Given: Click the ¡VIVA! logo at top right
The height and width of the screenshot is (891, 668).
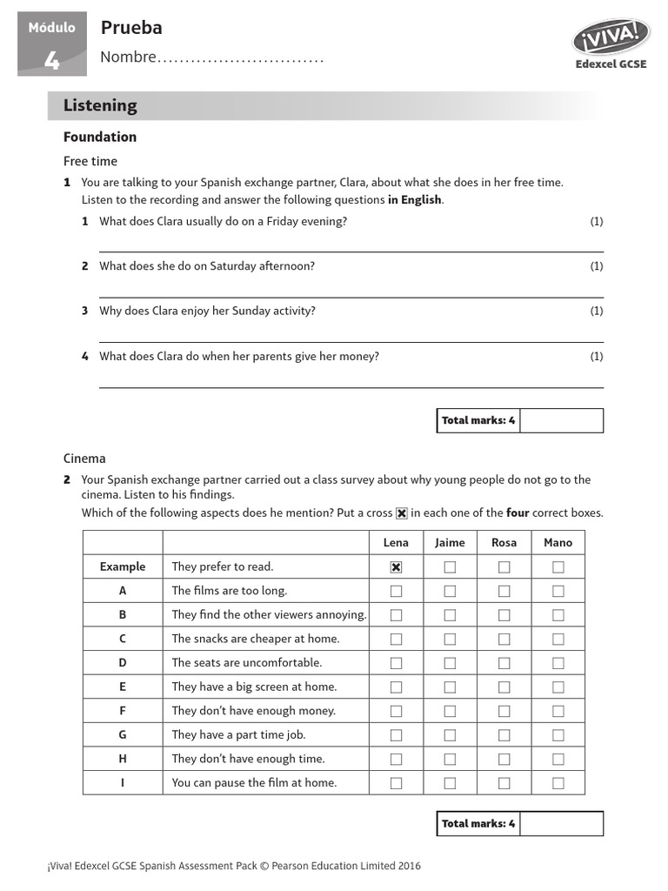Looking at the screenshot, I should tap(611, 37).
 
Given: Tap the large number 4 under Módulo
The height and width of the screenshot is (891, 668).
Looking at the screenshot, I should tap(52, 61).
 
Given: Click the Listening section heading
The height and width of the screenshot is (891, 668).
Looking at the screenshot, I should tap(100, 105).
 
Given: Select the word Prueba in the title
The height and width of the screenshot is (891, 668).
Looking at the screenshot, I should tap(131, 28).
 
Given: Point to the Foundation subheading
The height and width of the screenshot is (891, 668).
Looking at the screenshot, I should tap(100, 137).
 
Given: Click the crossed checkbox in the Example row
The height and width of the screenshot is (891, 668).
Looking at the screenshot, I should tap(396, 567).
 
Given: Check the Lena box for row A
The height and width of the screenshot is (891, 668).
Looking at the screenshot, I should tap(396, 591).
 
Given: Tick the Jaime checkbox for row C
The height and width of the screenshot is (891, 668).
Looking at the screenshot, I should tap(450, 639).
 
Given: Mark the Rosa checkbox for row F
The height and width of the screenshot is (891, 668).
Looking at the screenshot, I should tap(504, 711).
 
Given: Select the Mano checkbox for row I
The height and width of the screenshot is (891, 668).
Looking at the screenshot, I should tap(558, 783).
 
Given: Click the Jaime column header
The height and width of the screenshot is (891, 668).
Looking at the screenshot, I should tap(450, 542).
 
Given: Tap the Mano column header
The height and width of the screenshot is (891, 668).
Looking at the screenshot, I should tap(558, 542).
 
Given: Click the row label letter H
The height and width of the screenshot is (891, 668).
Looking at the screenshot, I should tap(123, 759).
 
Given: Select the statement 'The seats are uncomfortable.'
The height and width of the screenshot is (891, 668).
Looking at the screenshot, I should tap(246, 662).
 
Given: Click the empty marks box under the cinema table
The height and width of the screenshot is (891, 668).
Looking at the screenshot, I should tap(561, 823).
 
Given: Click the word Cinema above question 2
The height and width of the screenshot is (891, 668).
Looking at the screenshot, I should tap(84, 459).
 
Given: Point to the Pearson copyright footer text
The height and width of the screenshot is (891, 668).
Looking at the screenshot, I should tap(234, 866).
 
